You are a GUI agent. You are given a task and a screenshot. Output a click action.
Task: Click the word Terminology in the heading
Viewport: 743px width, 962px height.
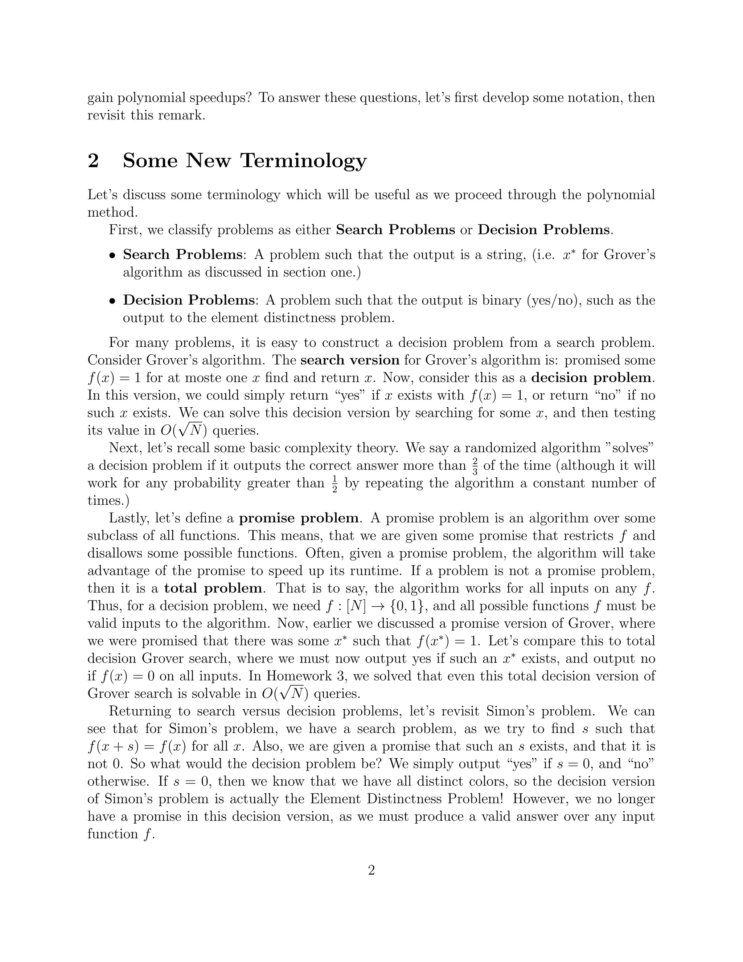pyautogui.click(x=303, y=161)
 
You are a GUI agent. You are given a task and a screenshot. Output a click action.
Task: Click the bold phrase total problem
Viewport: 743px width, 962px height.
pyautogui.click(x=213, y=588)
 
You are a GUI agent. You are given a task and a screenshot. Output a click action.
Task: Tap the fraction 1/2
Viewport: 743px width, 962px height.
pyautogui.click(x=334, y=483)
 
